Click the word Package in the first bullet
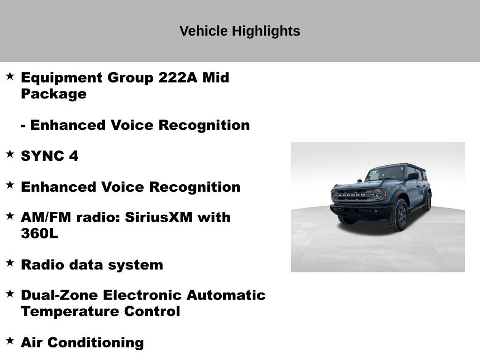click(x=53, y=94)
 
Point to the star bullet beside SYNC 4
click(x=10, y=154)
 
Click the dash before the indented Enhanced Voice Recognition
click(x=23, y=126)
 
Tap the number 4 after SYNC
click(x=74, y=156)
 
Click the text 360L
click(x=39, y=233)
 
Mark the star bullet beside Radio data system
click(x=10, y=263)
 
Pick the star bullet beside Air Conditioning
click(x=10, y=341)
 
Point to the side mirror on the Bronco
click(x=413, y=176)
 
